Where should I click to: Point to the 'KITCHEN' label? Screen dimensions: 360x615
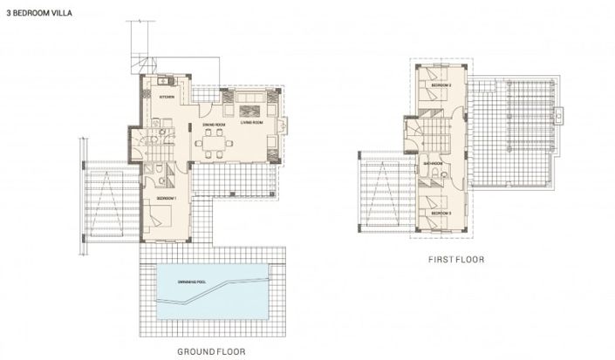(167, 97)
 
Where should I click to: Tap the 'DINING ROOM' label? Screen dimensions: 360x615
(215, 124)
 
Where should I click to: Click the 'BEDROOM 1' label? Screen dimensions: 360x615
(166, 199)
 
